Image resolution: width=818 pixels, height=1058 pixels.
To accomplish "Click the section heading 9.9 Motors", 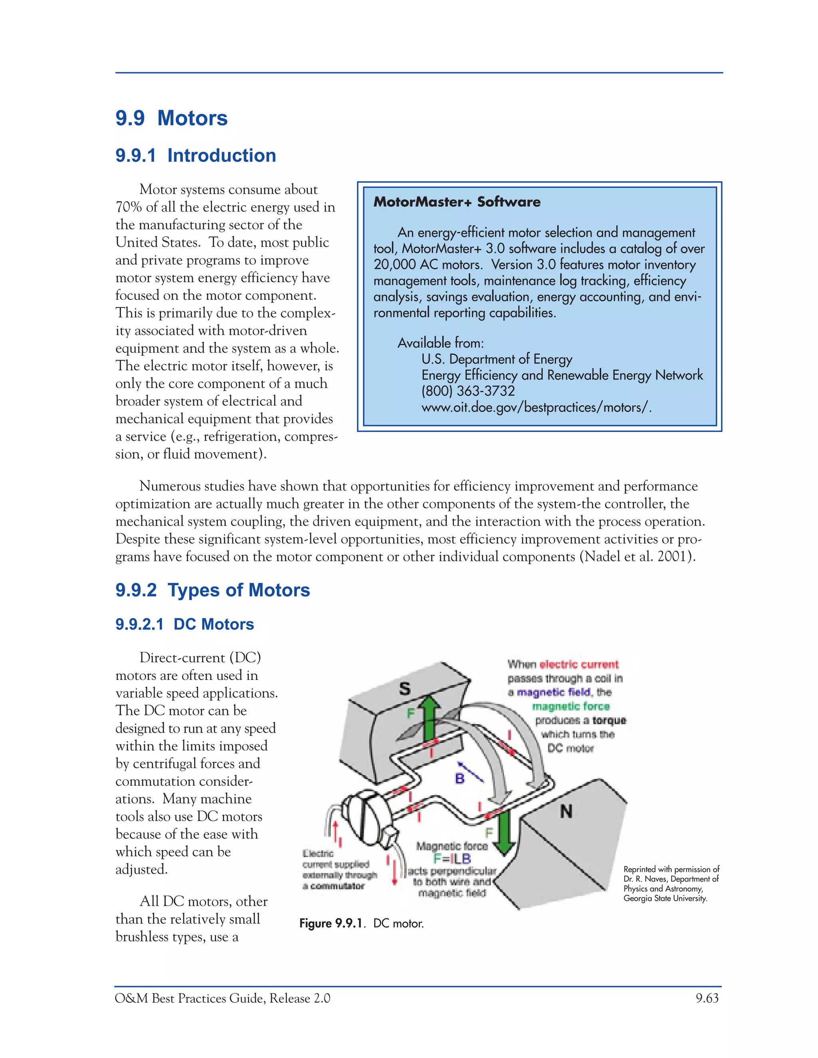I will point(171,118).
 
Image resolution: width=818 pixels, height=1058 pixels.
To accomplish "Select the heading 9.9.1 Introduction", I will point(195,155).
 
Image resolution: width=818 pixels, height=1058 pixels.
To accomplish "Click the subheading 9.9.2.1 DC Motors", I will point(184,624).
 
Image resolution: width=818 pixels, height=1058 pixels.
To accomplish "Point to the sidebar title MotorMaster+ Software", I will point(457,202).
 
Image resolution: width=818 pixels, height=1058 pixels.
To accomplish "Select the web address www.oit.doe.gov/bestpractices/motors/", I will point(536,407).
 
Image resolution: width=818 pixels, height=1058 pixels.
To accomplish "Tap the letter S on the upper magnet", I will point(405,689).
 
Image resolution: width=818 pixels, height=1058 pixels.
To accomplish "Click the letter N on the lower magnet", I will point(566,811).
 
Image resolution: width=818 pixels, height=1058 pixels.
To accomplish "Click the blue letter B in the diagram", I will point(460,779).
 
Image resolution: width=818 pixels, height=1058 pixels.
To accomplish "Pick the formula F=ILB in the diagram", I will point(452,859).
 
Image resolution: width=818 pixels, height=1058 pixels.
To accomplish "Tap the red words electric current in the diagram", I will point(579,664).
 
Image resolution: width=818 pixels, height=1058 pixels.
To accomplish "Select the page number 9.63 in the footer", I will point(707,999).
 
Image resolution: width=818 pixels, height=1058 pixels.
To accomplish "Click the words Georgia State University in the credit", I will point(665,898).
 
